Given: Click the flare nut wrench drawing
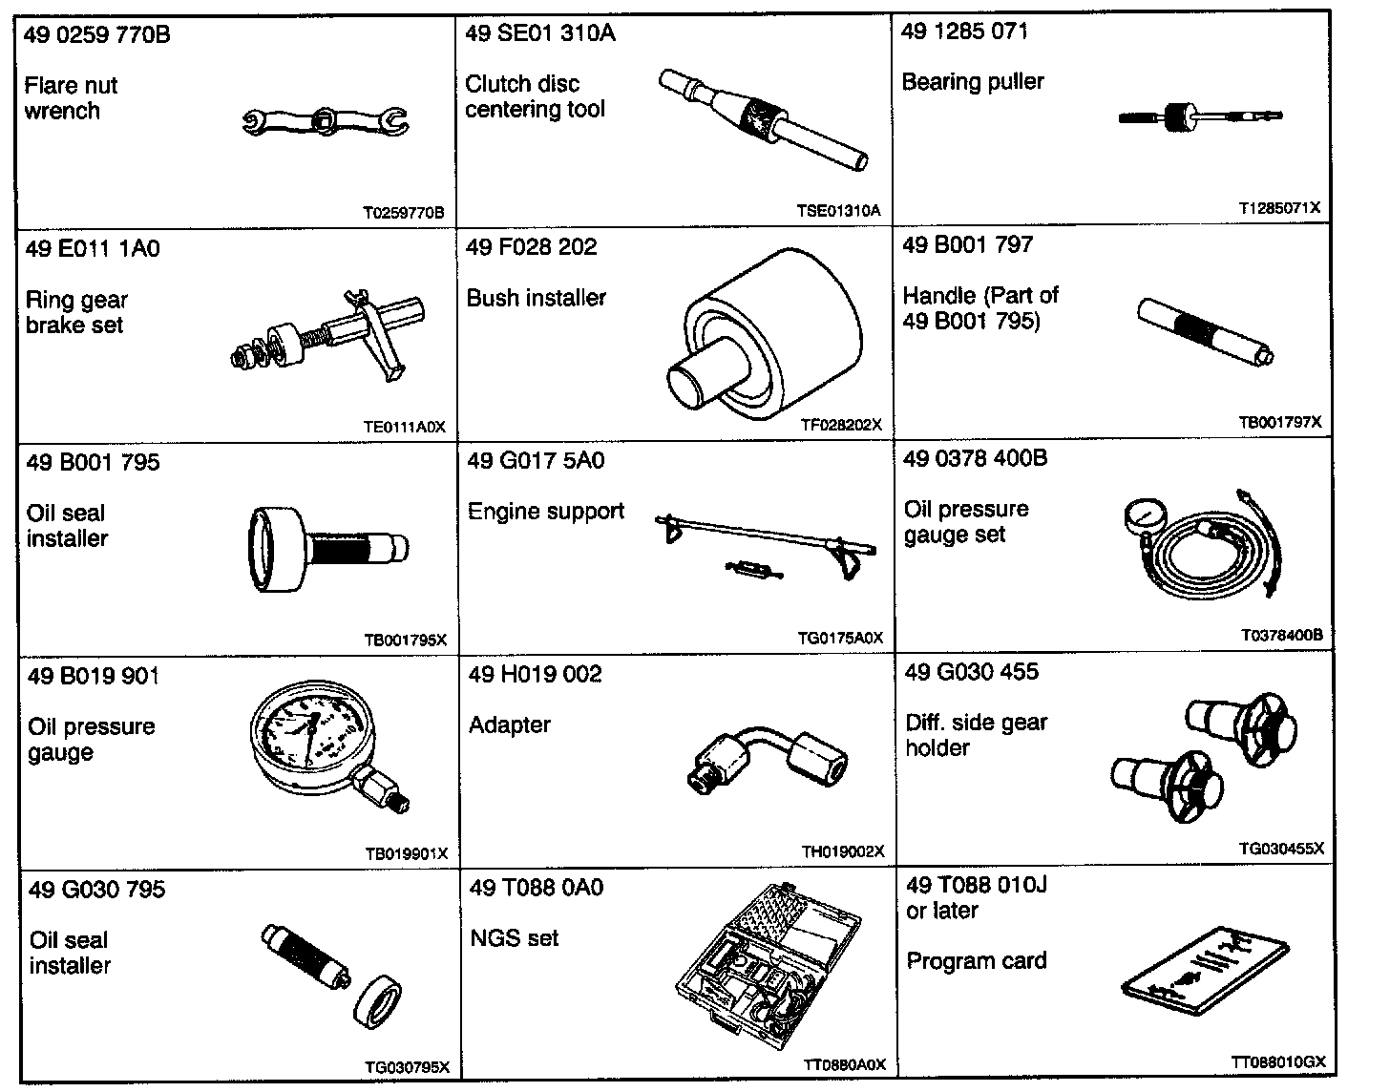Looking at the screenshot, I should pyautogui.click(x=325, y=122).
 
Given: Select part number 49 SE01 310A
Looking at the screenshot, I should pyautogui.click(x=540, y=33).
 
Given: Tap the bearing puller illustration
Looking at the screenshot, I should pyautogui.click(x=1199, y=117).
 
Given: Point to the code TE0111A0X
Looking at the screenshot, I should pyautogui.click(x=405, y=427).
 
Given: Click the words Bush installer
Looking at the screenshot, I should pyautogui.click(x=536, y=298).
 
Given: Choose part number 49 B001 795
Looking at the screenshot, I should pyautogui.click(x=94, y=462).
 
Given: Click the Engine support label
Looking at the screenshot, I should pyautogui.click(x=545, y=512).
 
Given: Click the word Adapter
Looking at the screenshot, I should pyautogui.click(x=510, y=724).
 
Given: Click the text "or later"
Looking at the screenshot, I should pyautogui.click(x=942, y=911).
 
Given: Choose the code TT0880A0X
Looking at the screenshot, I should pyautogui.click(x=843, y=1064).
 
